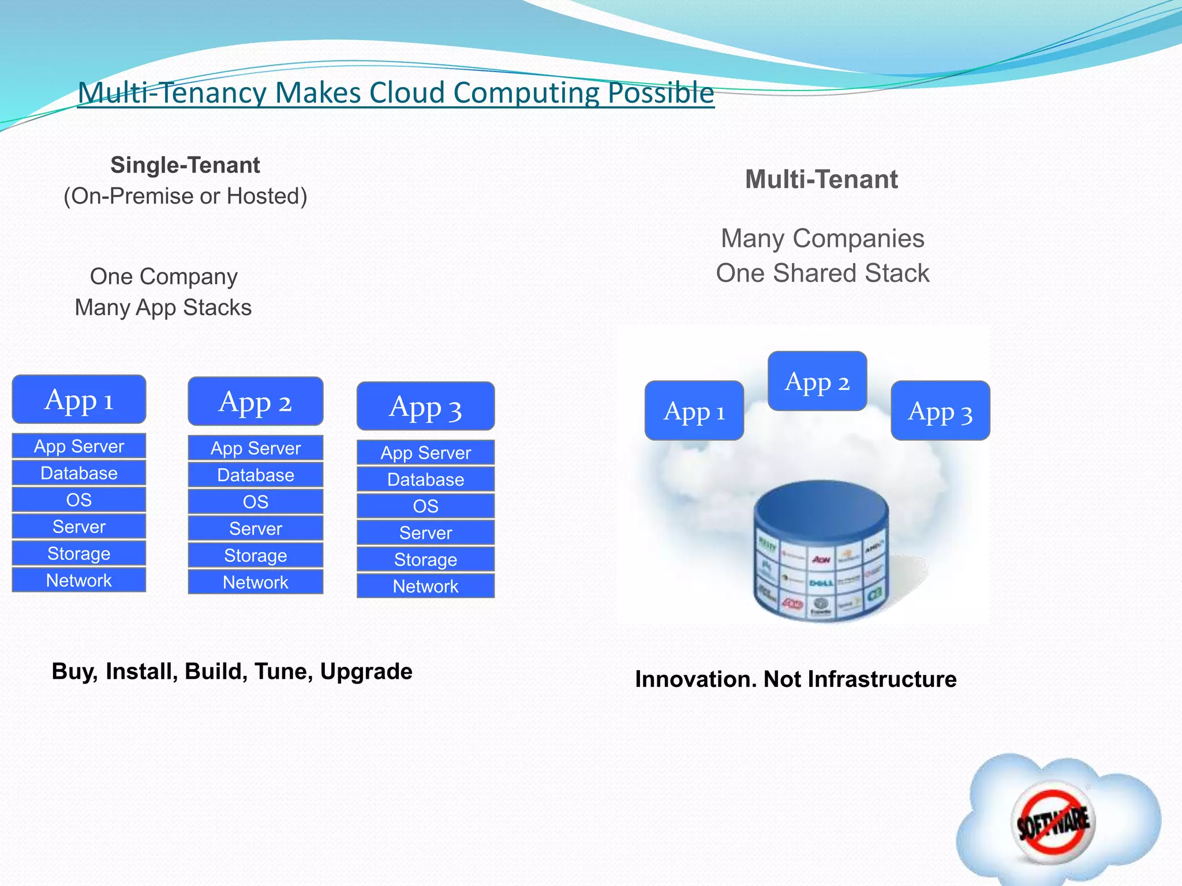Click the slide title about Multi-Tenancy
(396, 92)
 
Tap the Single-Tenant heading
(185, 166)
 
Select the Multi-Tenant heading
(821, 179)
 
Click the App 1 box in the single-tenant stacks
(79, 400)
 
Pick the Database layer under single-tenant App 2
(255, 475)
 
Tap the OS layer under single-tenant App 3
(425, 506)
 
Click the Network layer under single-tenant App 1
(79, 580)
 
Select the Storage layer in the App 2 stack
(255, 555)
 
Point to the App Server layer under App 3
(425, 453)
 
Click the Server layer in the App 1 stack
(79, 527)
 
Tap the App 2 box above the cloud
(817, 382)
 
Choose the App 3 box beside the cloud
(940, 411)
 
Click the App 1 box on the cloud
(694, 411)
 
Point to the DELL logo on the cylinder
(821, 583)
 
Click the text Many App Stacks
(163, 307)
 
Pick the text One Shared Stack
(822, 273)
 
